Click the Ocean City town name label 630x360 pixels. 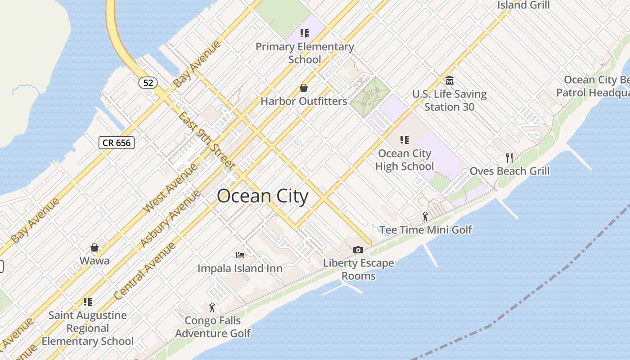coord(263,197)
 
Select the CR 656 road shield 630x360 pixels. coord(117,143)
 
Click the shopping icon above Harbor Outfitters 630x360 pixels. coord(304,87)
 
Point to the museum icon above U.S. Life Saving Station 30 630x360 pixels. coord(449,81)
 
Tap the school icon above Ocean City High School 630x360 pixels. coord(404,140)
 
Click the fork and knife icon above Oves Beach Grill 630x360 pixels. coord(509,157)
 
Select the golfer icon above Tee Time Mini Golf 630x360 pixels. coord(425,216)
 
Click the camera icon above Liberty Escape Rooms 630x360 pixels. coord(358,250)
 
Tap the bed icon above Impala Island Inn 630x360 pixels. coord(240,255)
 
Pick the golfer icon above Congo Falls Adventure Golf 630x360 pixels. coord(212,307)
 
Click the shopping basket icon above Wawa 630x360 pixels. coord(94,247)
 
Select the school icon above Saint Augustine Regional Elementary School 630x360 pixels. coord(88,301)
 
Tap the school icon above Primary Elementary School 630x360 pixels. coord(305,33)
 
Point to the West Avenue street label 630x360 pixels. coord(170,189)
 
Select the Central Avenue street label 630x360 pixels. coord(145,271)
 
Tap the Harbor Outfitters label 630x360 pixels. coord(304,101)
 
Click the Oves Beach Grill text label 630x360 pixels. coord(509,171)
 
